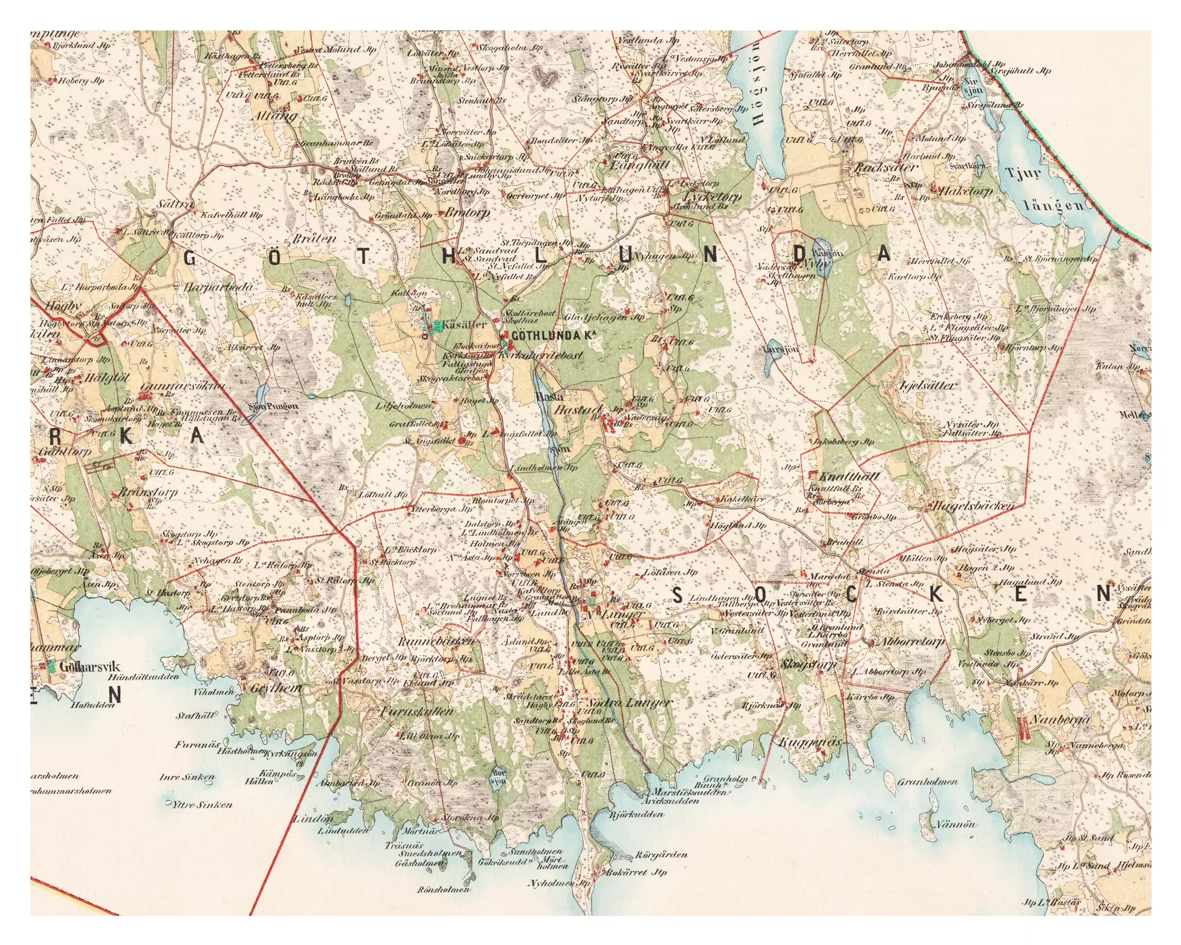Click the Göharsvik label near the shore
[90, 667]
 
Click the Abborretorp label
[913, 642]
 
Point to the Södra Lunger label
[629, 703]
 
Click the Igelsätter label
[928, 385]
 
